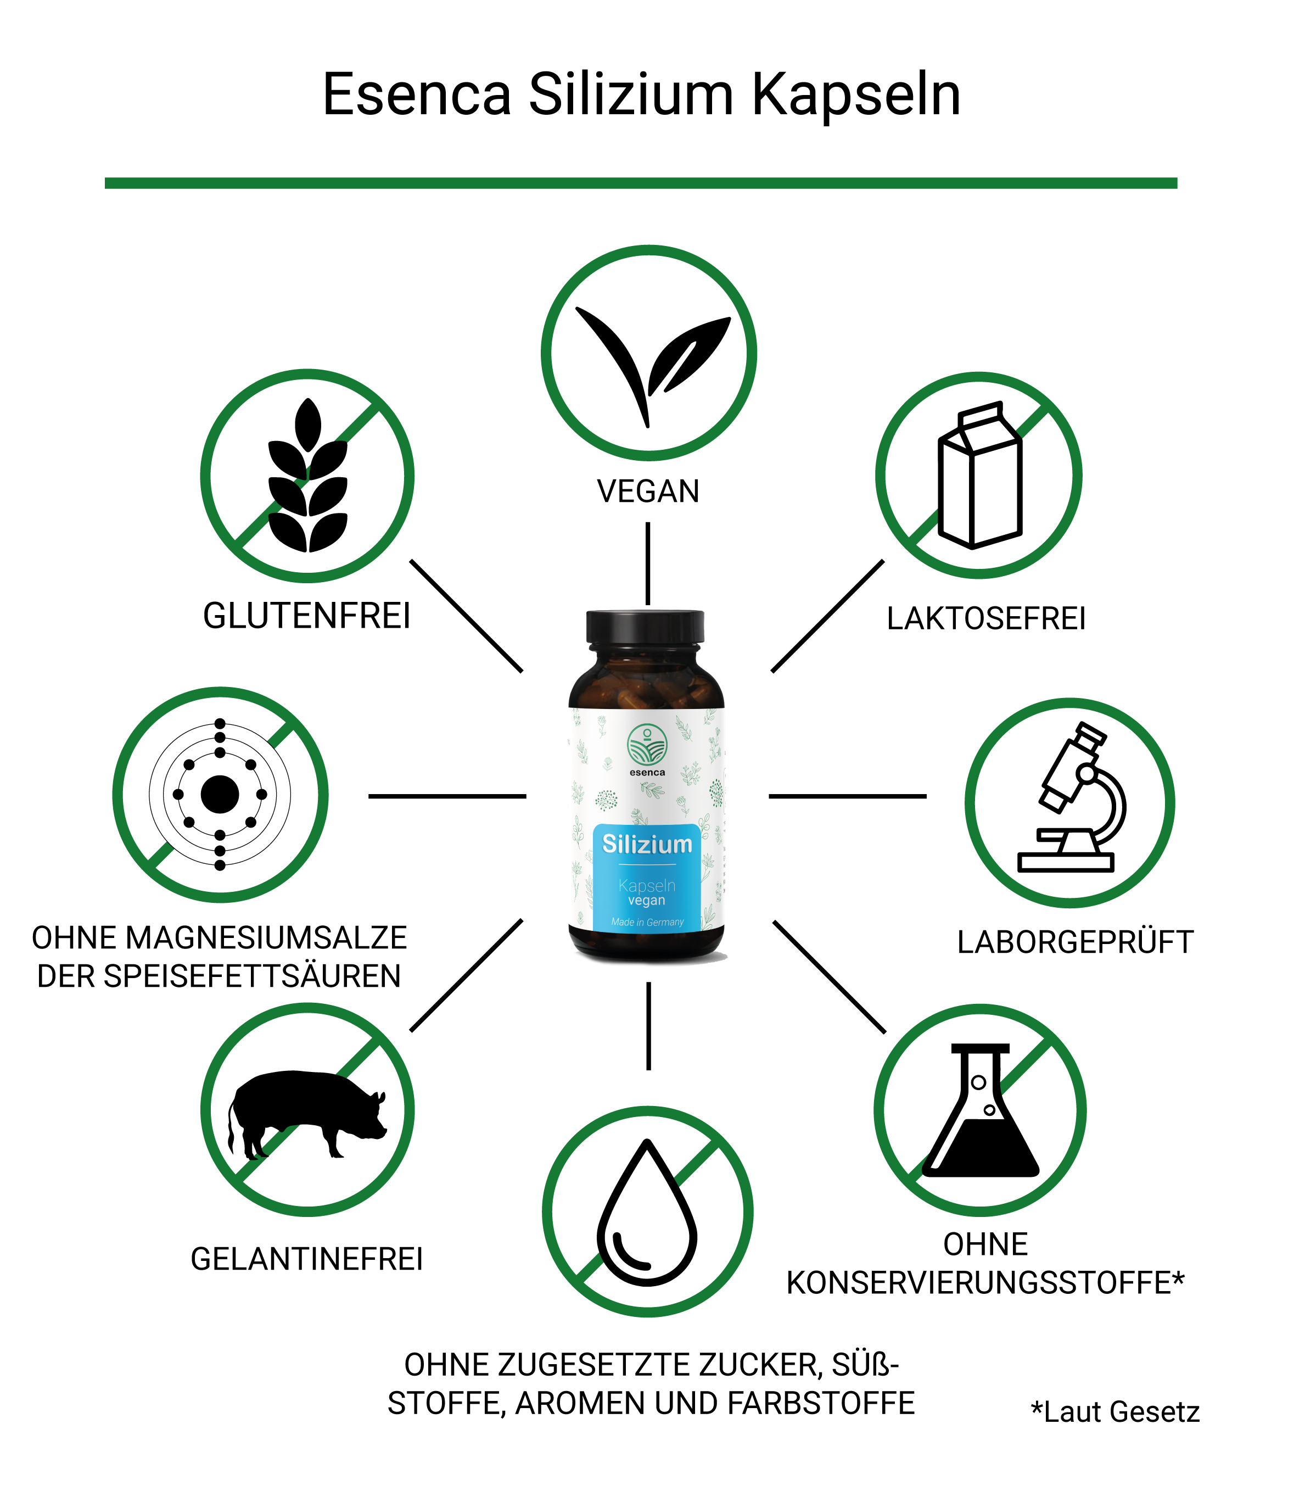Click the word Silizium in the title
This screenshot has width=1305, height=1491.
point(631,94)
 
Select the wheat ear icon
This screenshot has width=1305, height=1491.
point(308,475)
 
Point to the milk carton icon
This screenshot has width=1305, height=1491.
point(980,475)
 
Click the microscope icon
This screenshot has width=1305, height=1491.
point(1072,797)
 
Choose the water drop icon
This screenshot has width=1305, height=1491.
point(647,1212)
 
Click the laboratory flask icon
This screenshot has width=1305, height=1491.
point(980,1110)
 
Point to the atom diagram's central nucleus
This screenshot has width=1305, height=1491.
point(220,794)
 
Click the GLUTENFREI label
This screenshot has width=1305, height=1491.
point(306,616)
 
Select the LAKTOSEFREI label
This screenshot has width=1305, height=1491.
point(986,618)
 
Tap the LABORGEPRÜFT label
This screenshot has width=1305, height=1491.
point(1076,942)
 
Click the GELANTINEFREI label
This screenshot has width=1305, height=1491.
point(306,1259)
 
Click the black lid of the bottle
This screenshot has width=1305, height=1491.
point(645,628)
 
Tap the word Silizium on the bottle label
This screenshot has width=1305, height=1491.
point(647,844)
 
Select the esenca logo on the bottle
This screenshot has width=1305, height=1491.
point(647,749)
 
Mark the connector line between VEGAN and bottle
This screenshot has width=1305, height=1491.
point(647,564)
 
